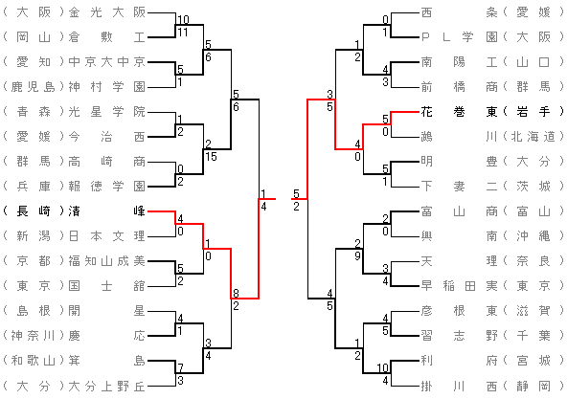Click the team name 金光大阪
pos(107,12)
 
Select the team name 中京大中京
pos(107,62)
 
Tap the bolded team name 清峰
pos(107,211)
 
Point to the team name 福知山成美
pos(107,261)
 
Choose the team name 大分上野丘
pos(107,387)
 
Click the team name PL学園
pos(459,37)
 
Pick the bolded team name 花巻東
pos(459,112)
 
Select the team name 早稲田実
pos(459,286)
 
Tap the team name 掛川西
pos(459,387)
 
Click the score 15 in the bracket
pos(211,157)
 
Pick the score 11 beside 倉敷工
pos(183,33)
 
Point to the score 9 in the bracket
pos(357,256)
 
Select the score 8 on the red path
pos(236,293)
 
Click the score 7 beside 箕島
pos(180,368)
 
